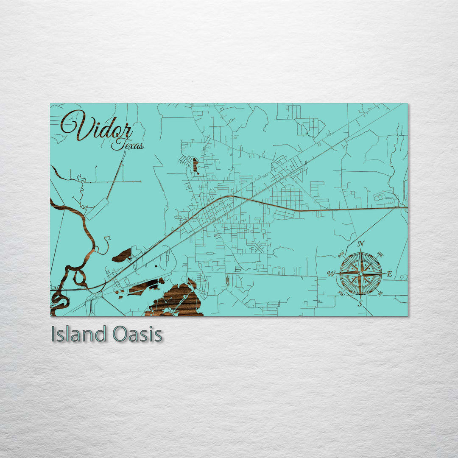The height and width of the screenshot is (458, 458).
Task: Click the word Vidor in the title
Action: point(97,126)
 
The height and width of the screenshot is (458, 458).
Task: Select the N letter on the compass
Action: point(361,244)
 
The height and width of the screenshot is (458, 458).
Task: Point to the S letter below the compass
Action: point(360,304)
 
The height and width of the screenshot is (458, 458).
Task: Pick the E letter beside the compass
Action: point(389,274)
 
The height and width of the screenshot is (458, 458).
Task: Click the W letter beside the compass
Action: point(330,274)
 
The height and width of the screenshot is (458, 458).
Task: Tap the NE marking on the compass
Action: point(380,255)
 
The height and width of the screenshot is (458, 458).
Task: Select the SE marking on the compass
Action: point(380,293)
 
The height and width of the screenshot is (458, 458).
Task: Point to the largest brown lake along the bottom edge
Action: point(176,301)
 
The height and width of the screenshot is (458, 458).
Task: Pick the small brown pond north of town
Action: point(195,165)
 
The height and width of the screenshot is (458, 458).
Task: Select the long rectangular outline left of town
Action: point(98,209)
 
